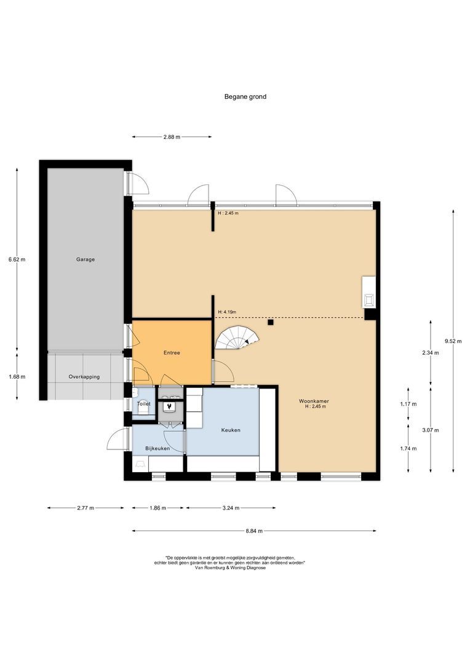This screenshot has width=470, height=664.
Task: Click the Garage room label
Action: tap(85, 259)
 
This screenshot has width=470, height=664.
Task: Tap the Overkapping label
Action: tap(84, 376)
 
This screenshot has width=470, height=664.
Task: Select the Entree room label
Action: tap(172, 352)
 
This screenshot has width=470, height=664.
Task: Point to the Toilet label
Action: tap(144, 403)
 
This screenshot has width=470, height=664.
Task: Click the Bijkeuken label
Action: tap(157, 448)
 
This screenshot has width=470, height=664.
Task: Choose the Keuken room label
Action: tap(231, 430)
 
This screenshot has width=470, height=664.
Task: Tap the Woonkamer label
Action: tap(314, 401)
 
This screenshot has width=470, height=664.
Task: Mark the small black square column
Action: tap(271, 323)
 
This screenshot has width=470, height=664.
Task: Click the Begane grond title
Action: tap(245, 97)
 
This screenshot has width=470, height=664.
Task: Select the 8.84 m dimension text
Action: tap(254, 531)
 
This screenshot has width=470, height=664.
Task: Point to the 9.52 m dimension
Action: tap(453, 341)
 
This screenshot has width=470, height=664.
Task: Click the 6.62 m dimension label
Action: tap(17, 259)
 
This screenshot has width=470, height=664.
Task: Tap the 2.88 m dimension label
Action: tap(172, 136)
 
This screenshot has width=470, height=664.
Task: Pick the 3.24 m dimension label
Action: tap(231, 508)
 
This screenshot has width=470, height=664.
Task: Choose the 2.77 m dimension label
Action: tap(86, 508)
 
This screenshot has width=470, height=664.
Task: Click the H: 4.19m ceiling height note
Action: tap(227, 312)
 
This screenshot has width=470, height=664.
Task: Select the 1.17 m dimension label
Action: tap(408, 404)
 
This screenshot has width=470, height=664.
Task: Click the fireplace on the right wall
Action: tap(368, 292)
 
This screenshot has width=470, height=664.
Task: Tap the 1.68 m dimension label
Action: tap(17, 376)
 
